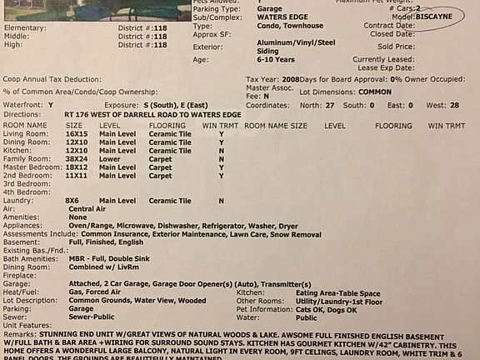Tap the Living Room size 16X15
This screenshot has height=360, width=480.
(77, 133)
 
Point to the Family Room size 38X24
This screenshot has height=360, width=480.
(77, 158)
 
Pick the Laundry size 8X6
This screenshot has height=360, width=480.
(72, 201)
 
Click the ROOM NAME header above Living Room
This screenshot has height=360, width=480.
(25, 125)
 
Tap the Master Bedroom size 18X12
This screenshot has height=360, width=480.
(77, 167)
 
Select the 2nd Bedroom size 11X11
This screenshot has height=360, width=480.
(77, 176)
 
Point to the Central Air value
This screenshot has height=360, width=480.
(87, 208)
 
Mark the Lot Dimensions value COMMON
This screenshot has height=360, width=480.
(375, 91)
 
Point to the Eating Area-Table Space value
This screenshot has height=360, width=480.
(337, 292)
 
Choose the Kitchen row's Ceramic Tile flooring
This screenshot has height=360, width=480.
(170, 150)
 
